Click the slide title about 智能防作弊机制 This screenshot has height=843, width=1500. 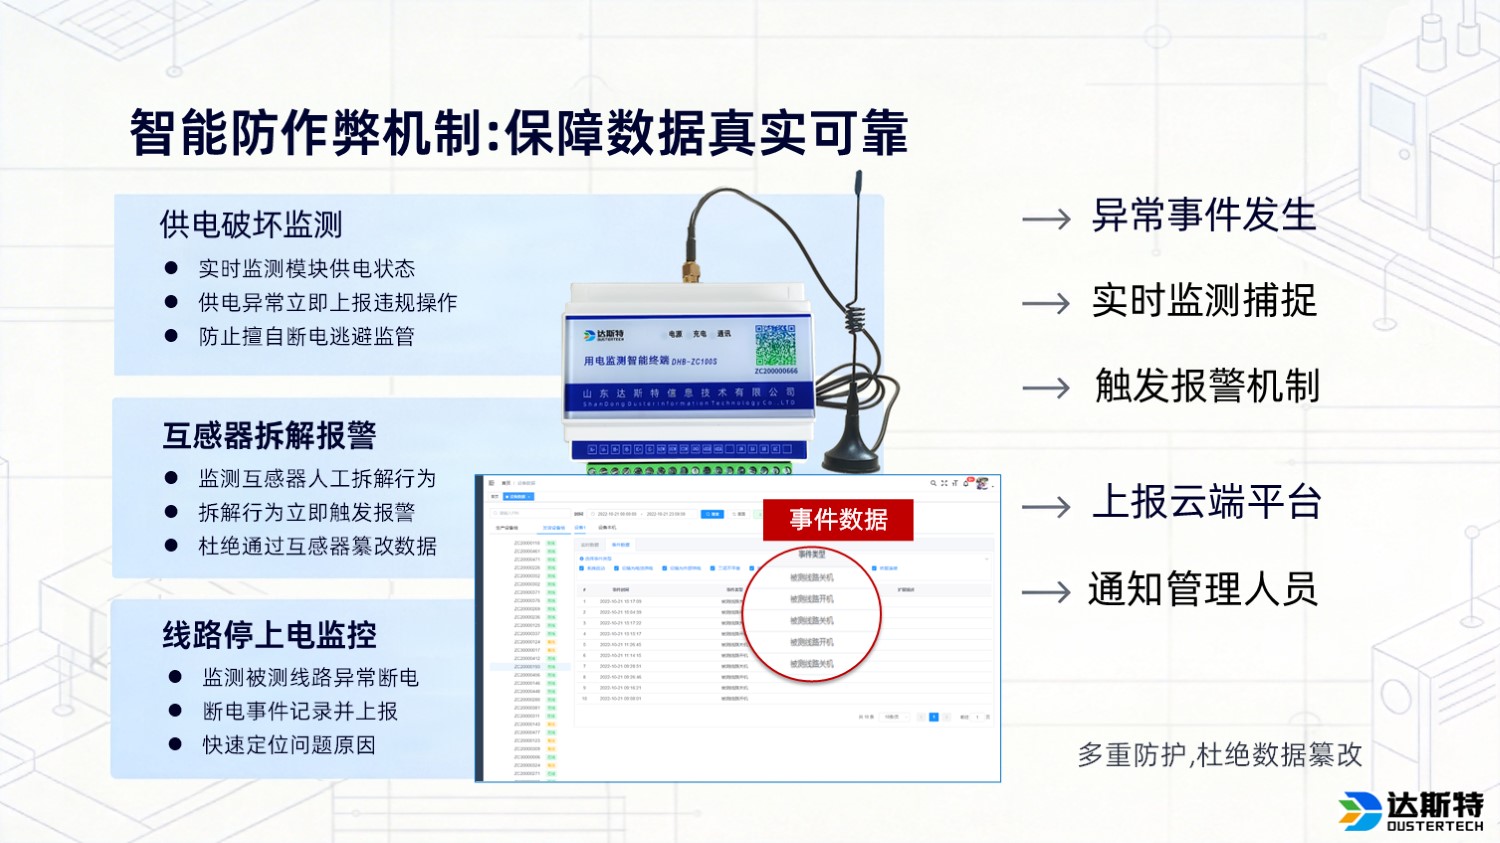coord(518,133)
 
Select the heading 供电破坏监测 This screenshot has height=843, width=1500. coord(251,224)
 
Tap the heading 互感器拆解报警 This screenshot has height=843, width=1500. coord(269,435)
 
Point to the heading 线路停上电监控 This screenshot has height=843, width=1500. coord(269,635)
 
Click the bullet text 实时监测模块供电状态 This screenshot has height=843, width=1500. coord(306,268)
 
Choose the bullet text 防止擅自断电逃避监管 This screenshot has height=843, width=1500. coord(306,336)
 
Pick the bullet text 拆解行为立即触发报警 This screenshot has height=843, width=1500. coord(306,512)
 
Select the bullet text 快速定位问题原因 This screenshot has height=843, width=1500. coord(289,744)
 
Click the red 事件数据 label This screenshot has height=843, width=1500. coord(838,519)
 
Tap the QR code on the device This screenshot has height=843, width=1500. coord(775,345)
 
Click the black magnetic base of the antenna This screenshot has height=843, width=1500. coord(851,457)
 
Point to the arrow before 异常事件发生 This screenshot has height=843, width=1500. coord(1046,219)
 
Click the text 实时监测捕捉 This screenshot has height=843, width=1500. coord(1204,300)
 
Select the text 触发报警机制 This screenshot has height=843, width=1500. coord(1207,386)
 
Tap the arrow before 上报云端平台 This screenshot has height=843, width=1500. coord(1046,507)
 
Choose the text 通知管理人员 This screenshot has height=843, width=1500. coord(1203,589)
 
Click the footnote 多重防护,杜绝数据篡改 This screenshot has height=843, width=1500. coord(1220,754)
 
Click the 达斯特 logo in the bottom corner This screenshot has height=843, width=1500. coord(1411,811)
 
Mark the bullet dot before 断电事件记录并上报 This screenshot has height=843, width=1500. coord(175,711)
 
